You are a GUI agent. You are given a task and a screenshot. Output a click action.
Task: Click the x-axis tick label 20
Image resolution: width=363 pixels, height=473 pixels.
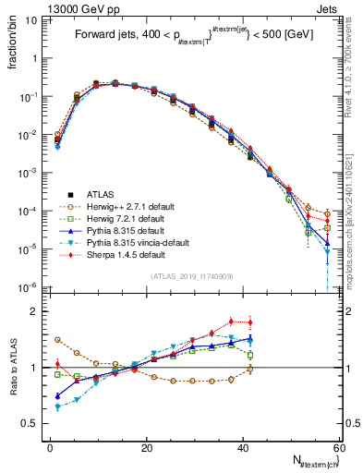(147, 446)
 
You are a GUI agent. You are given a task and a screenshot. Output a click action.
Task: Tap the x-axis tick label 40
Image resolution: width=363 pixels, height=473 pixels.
(243, 446)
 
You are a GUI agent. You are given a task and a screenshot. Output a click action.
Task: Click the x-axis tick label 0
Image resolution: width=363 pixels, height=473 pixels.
(51, 446)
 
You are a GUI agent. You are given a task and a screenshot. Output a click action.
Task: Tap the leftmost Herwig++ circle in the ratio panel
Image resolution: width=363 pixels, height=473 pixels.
(57, 340)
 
